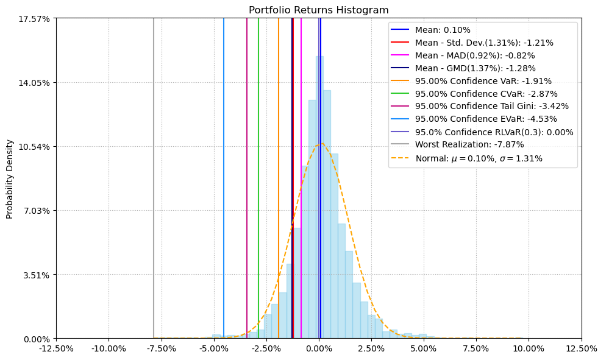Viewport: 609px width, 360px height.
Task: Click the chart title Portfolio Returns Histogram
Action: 318,10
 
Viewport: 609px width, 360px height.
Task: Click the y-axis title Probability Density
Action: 10,178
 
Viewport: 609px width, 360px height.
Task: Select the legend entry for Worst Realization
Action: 469,145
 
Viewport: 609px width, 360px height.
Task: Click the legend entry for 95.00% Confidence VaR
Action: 483,81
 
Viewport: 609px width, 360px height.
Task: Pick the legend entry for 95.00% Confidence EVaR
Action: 485,119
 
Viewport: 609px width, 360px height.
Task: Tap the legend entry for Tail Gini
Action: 491,107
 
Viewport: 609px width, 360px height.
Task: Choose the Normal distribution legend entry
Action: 479,158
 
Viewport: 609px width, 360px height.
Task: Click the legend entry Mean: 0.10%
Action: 443,30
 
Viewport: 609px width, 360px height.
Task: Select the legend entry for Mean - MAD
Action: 475,55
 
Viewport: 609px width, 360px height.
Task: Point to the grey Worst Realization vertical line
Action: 154,183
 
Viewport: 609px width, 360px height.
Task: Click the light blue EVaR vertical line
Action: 224,183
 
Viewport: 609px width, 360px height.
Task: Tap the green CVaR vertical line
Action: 258,183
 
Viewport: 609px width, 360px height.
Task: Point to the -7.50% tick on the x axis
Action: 161,349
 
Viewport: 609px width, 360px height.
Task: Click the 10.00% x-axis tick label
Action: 529,349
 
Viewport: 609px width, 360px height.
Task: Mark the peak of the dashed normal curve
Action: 321,144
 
